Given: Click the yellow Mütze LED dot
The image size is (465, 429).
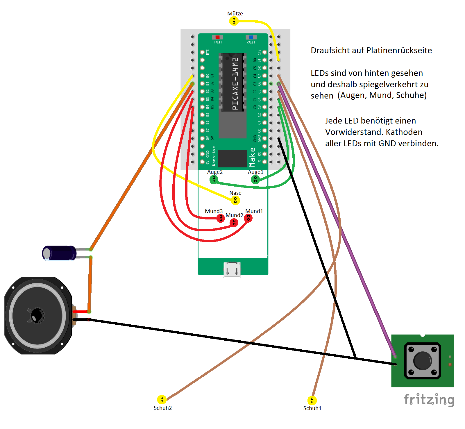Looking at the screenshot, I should [x=234, y=21].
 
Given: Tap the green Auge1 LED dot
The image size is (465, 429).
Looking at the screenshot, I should [x=255, y=180].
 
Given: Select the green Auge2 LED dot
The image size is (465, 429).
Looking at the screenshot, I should [x=214, y=180].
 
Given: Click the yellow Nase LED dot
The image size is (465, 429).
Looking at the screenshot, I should [x=235, y=200].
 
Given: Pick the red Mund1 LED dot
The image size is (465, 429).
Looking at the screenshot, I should [x=248, y=218].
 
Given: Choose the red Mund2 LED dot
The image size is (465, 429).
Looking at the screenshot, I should [x=234, y=223].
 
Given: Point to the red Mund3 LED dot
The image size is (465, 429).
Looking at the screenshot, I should [x=221, y=218].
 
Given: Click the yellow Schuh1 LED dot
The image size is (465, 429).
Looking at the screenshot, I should [x=312, y=400].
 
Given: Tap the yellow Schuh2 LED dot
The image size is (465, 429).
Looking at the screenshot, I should [x=162, y=399].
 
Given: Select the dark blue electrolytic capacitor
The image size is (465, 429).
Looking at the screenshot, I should [x=59, y=253].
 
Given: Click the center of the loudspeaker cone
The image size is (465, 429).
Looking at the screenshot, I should [x=37, y=316].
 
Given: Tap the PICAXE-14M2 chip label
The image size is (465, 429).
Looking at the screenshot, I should [x=235, y=83].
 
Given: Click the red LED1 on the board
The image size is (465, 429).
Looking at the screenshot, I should [x=217, y=37].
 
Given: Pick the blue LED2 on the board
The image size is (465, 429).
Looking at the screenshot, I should [x=251, y=37].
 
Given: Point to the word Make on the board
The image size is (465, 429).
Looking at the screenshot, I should [x=252, y=157].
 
